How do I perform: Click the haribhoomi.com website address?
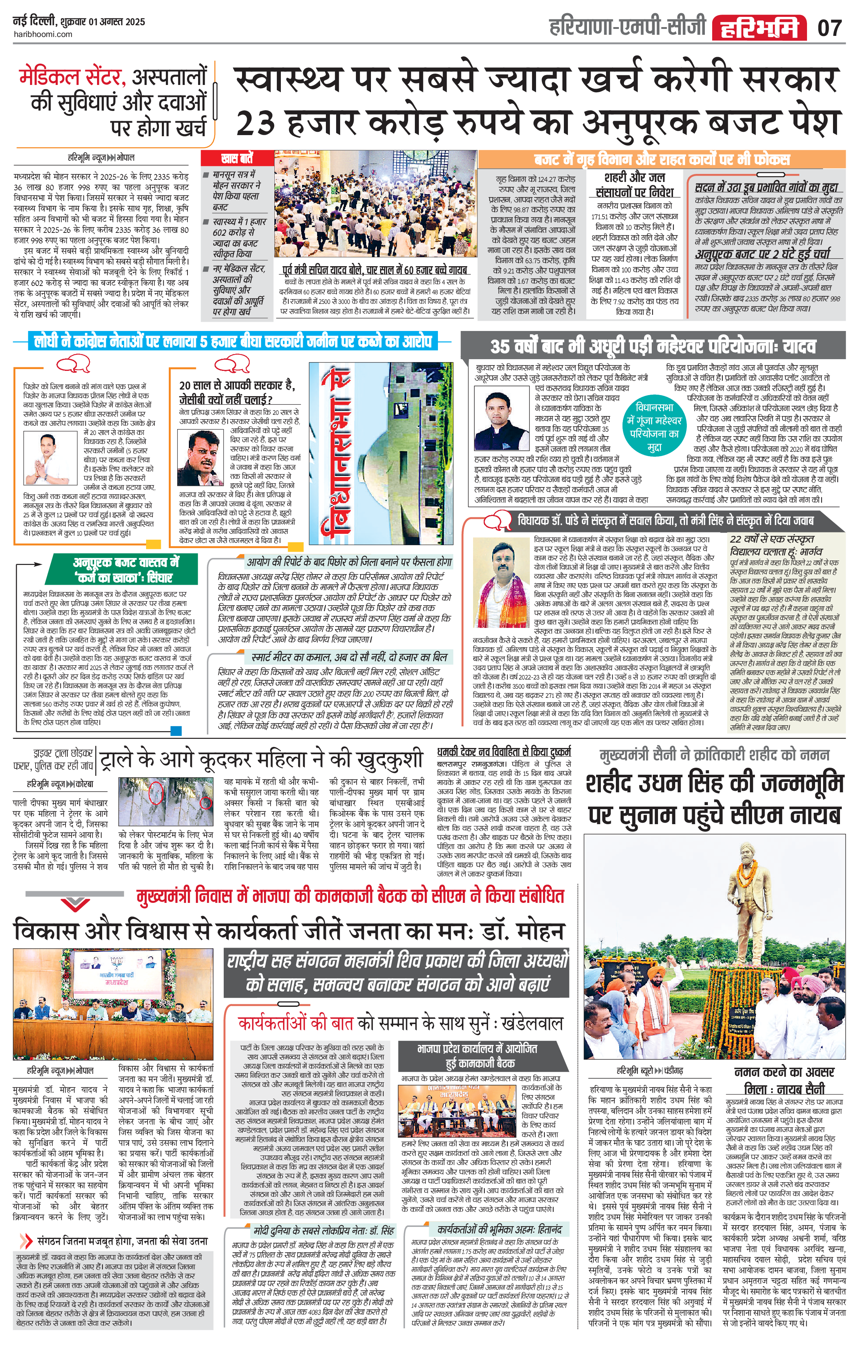42,34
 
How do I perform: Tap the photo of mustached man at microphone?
200,458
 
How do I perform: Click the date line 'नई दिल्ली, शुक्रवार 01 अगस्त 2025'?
79,22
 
